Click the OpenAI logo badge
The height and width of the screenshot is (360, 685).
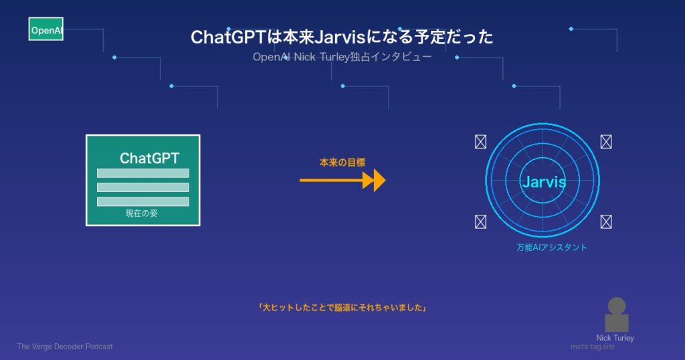point(46,29)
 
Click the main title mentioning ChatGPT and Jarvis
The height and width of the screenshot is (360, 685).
point(342,37)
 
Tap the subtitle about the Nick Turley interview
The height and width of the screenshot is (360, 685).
point(342,57)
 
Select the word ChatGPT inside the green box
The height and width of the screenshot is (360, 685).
point(149,158)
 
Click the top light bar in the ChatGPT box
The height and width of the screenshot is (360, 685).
point(143,173)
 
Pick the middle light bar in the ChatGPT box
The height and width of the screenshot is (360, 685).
point(143,187)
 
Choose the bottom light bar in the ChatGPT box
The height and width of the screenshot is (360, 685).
point(143,201)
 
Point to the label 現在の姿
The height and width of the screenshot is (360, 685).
point(142,213)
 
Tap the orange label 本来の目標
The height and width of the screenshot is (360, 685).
point(342,163)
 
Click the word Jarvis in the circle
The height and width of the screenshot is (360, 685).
point(544,181)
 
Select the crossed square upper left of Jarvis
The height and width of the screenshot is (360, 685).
point(480,142)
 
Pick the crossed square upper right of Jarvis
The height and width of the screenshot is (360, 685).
point(606,142)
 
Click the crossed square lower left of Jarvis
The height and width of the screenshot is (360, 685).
point(480,222)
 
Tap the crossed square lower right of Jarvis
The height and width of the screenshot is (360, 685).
point(606,222)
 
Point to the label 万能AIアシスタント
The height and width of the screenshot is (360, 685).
point(552,248)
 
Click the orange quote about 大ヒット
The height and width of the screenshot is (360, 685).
point(342,308)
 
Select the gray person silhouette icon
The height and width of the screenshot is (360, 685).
point(616,314)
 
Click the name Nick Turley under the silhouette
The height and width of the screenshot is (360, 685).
point(615,338)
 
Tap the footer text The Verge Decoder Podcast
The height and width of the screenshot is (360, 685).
point(65,347)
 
